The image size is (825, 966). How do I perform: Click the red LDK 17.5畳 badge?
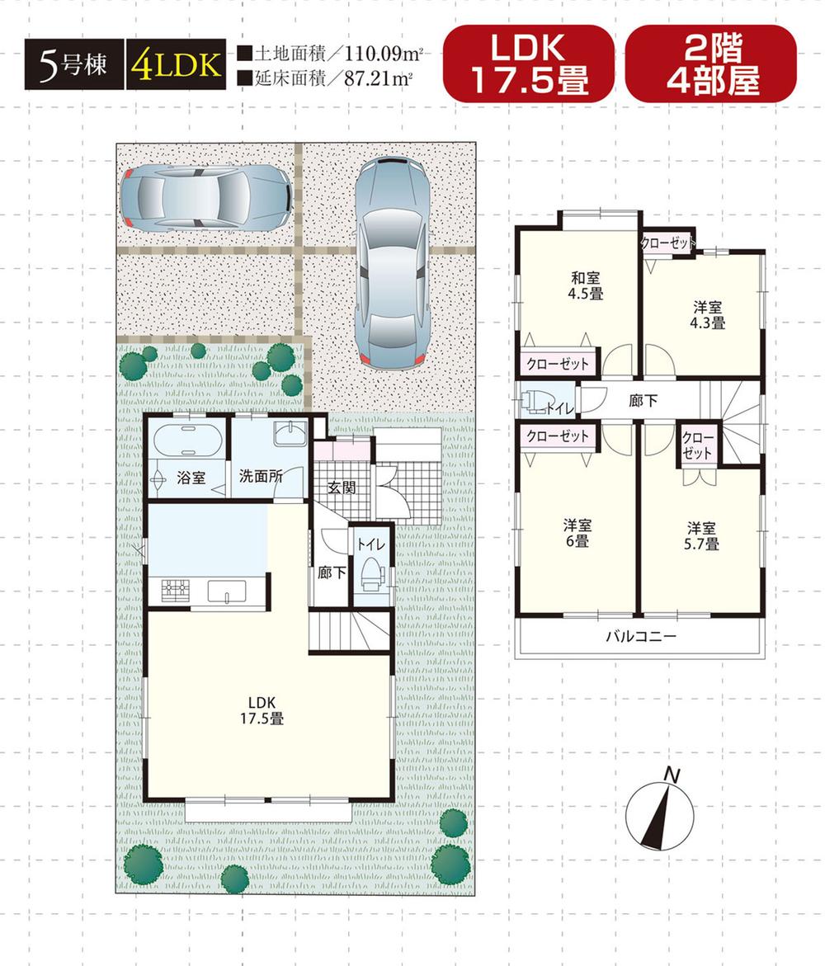point(528,63)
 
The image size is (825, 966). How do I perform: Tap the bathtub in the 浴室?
point(187,441)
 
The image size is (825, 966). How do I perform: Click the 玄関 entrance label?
point(342,488)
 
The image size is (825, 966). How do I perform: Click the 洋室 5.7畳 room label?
point(701,535)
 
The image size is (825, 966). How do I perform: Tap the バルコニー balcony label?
point(640,636)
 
